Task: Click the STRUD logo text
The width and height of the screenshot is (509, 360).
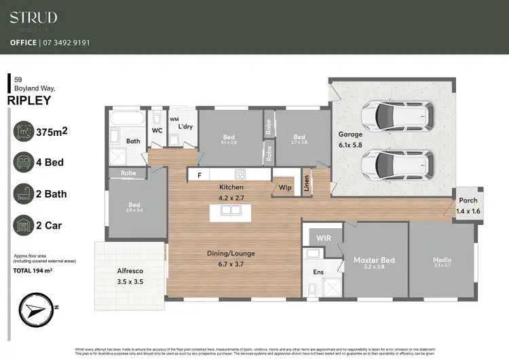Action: pos(33,18)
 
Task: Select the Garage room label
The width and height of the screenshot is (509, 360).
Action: pos(351,134)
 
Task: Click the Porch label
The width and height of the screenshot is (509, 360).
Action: pos(468,200)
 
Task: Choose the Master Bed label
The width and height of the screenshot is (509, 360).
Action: pos(374,260)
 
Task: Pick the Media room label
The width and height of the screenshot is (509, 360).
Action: pos(442,260)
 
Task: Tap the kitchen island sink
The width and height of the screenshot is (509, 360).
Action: pos(230,210)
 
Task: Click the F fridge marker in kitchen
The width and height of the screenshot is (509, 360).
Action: pos(200,175)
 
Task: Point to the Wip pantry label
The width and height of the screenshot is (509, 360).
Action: pos(284,186)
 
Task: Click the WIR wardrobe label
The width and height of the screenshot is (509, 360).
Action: pos(322,238)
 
